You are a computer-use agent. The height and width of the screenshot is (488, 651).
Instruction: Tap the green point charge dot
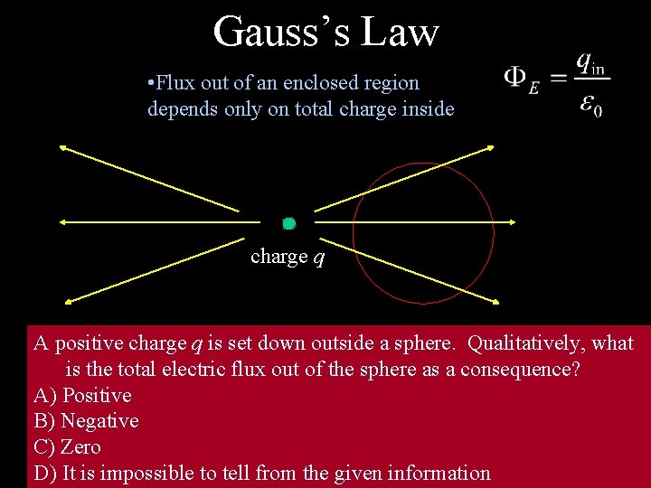pyautogui.click(x=289, y=223)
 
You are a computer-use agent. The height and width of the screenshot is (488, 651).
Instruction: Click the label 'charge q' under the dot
pyautogui.click(x=288, y=257)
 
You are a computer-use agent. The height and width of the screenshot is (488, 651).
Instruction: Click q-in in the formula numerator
pyautogui.click(x=591, y=64)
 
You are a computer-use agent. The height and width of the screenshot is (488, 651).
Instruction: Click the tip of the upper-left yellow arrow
pyautogui.click(x=61, y=146)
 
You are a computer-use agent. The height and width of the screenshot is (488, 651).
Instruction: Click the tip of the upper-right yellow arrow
pyautogui.click(x=493, y=145)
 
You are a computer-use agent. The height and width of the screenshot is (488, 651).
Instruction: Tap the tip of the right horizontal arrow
pyautogui.click(x=514, y=222)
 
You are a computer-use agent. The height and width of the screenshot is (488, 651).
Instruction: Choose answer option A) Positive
pyautogui.click(x=82, y=395)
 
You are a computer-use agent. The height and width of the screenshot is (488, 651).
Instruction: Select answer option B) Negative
pyautogui.click(x=86, y=420)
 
